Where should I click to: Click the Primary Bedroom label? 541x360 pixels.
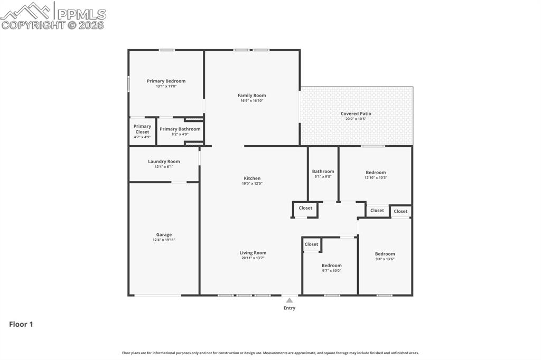point(166,81)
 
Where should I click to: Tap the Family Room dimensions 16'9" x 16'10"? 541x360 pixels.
point(251,101)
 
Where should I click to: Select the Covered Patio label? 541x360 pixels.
point(356,113)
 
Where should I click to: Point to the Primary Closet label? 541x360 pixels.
point(142,129)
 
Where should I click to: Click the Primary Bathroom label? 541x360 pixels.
point(180,129)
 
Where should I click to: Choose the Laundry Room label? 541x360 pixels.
point(164,162)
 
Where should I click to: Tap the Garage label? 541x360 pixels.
point(164,235)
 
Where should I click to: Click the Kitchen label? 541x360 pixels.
point(252,178)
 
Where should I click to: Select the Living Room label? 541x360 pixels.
point(253,253)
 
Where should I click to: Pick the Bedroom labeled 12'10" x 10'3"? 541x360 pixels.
point(376,173)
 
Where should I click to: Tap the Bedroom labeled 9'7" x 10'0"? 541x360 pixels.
point(331,266)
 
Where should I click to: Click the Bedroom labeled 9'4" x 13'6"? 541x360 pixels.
point(385,254)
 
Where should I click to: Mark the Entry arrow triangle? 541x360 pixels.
point(289,300)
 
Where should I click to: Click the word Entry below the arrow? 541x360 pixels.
point(290,308)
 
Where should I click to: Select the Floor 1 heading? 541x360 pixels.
point(21,325)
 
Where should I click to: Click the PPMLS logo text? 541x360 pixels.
point(81,14)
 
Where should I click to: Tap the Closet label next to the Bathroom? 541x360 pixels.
point(305,208)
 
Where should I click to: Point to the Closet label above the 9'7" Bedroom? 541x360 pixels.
point(311,244)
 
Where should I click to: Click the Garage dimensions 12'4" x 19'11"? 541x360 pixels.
point(164,240)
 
